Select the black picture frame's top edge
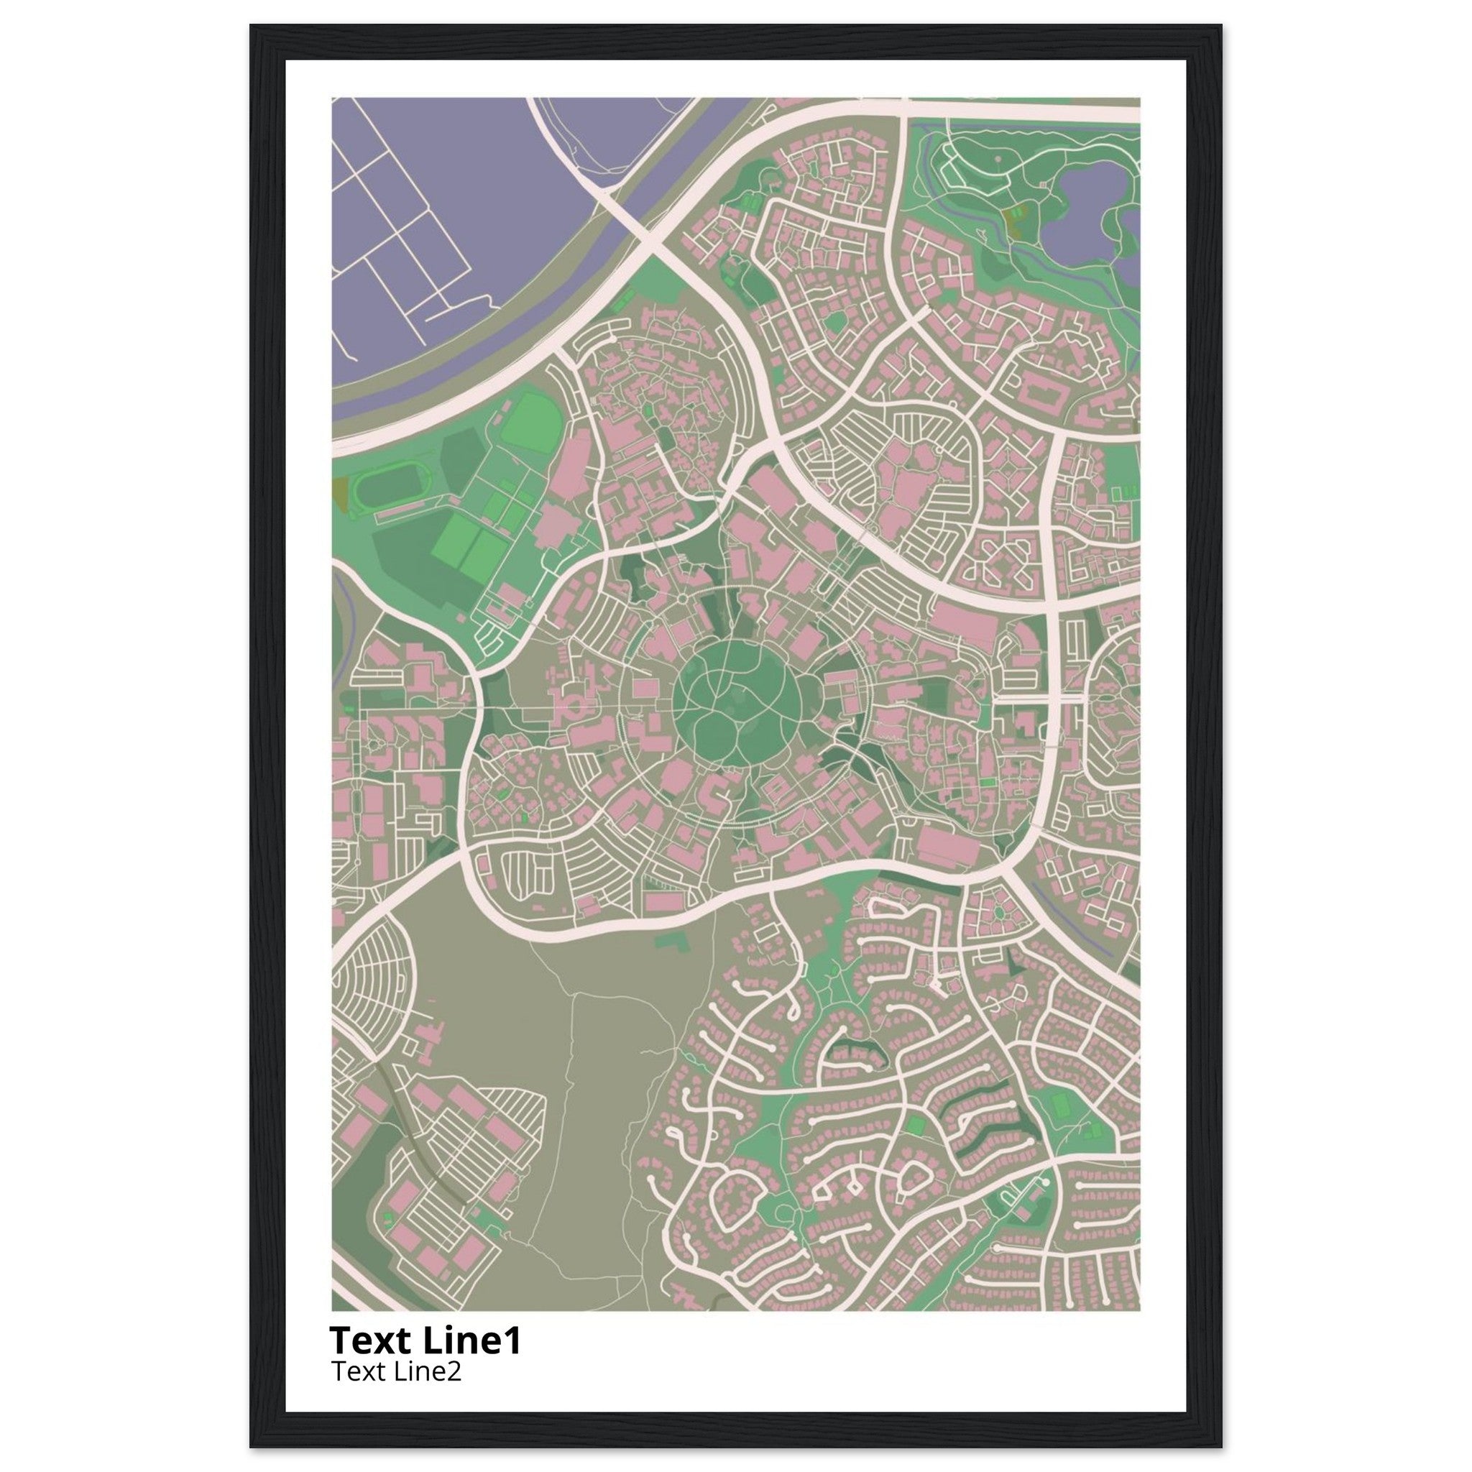(x=735, y=32)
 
